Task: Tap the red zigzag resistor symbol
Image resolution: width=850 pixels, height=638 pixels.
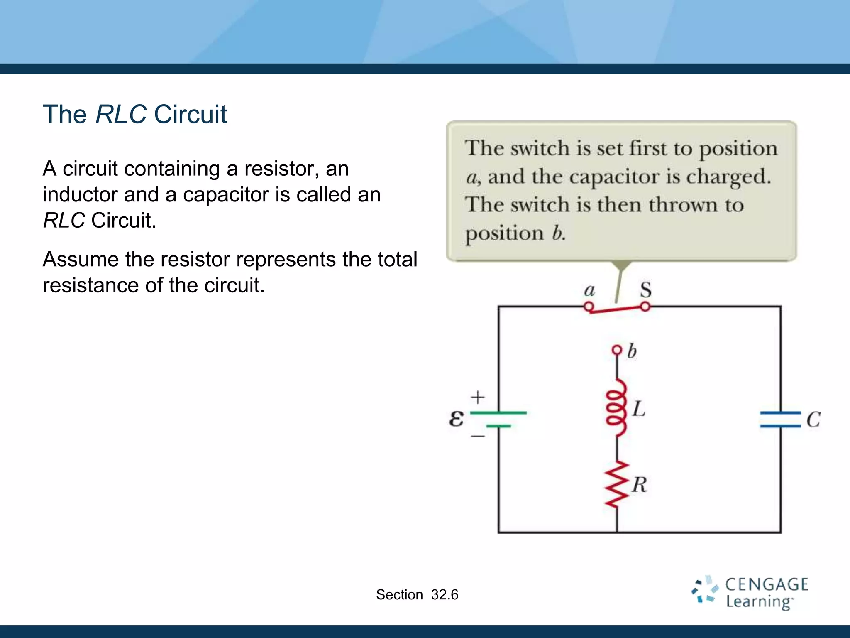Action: (x=617, y=484)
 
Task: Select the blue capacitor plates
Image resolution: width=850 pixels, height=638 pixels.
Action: (x=780, y=420)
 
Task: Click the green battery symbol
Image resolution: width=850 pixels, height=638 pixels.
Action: (x=498, y=420)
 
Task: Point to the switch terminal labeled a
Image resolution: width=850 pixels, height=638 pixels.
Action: (x=588, y=307)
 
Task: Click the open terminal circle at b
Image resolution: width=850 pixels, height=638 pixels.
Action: (x=617, y=350)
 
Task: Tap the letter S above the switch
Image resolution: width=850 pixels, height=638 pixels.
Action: (x=645, y=289)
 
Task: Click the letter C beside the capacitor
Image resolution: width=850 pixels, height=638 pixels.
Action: (x=813, y=420)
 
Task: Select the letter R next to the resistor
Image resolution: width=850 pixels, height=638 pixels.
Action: (x=640, y=485)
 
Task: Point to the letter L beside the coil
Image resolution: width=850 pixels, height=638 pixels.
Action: (x=639, y=409)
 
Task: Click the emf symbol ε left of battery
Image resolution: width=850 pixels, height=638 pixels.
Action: (x=456, y=418)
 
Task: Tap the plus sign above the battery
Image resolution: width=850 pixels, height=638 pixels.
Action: (x=478, y=397)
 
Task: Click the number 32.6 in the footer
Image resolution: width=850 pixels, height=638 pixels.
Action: (x=445, y=595)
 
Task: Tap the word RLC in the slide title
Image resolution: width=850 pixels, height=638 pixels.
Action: (x=121, y=114)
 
